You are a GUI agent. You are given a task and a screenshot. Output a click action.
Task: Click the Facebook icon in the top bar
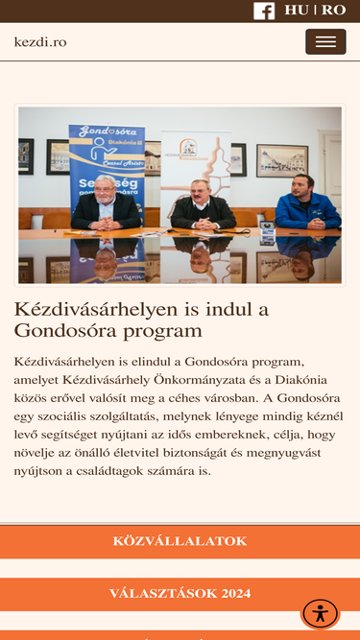[x=264, y=11]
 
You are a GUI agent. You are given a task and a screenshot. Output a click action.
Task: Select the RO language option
[x=333, y=11]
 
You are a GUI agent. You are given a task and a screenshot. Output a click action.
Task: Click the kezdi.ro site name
[x=40, y=42]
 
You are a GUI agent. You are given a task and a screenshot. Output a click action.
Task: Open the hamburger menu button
[x=325, y=41]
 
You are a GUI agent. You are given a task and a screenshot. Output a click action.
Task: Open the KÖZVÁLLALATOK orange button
[x=180, y=541]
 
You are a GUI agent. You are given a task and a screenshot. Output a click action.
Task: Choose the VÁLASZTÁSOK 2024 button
[x=180, y=594]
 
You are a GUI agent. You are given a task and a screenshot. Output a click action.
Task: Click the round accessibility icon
[x=320, y=613]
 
